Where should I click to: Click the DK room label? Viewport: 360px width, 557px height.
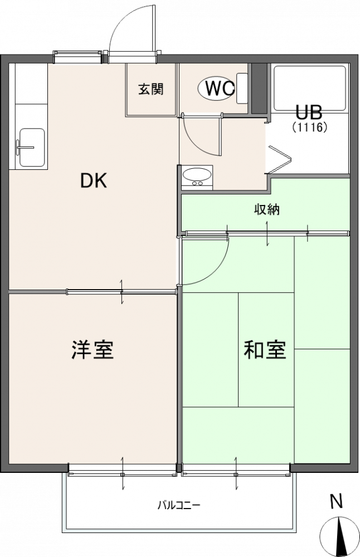[x=94, y=181]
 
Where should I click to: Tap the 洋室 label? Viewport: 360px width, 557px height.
[x=93, y=350]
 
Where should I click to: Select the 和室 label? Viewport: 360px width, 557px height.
[x=265, y=350]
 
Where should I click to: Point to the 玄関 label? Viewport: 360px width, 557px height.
[x=151, y=89]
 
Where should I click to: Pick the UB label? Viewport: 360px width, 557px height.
[x=309, y=113]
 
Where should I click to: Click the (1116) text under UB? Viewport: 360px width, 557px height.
[x=309, y=127]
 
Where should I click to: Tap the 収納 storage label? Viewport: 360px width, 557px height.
[x=266, y=209]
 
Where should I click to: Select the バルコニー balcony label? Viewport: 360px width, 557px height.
[x=179, y=505]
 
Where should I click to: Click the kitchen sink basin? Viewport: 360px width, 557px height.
[x=32, y=148]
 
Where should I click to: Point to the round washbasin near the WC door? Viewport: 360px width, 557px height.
[x=197, y=175]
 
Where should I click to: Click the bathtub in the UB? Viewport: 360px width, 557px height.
[x=310, y=88]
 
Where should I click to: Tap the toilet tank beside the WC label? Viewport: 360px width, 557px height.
[x=242, y=88]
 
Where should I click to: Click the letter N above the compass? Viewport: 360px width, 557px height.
[x=337, y=502]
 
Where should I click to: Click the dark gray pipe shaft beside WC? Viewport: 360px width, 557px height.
[x=260, y=89]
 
